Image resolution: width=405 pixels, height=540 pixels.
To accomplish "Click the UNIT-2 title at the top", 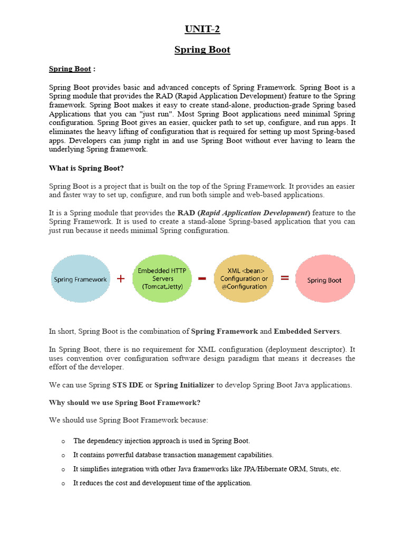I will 202,29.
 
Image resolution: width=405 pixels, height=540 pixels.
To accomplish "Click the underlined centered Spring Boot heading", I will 202,50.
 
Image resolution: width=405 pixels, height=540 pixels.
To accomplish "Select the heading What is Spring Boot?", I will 86,168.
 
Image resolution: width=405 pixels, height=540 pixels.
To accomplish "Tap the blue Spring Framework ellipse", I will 80,279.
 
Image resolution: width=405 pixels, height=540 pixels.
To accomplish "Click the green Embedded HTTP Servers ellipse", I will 162,278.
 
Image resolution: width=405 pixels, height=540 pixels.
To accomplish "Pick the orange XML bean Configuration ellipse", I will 244,278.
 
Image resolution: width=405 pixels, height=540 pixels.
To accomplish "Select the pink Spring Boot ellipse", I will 324,279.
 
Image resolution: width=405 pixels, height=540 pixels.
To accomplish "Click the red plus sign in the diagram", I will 121,278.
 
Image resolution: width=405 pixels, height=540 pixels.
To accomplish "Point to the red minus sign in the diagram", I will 202,279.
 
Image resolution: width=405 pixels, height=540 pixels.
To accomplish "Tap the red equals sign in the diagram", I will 285,278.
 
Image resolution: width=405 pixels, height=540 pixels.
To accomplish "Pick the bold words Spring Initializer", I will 184,385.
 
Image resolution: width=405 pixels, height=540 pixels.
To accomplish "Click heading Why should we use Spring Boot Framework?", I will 124,402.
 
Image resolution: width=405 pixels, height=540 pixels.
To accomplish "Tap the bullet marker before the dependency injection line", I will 63,441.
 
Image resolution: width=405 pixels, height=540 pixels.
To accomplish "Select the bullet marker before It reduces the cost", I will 63,483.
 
